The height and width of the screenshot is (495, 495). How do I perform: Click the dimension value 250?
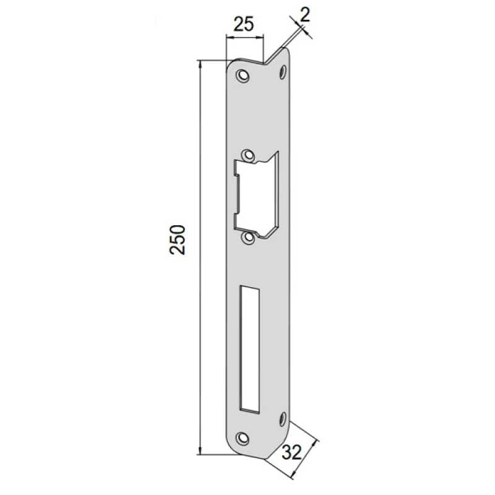click(178, 239)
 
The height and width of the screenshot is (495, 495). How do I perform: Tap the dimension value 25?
click(243, 24)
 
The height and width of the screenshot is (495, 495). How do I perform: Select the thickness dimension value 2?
click(305, 14)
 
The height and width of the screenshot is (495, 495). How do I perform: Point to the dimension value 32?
click(292, 452)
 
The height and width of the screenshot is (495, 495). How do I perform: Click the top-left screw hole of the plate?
click(243, 75)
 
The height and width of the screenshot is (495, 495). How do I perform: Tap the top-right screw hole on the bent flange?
click(283, 72)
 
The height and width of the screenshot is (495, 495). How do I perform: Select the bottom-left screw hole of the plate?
click(243, 439)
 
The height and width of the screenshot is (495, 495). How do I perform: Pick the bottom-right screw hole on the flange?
click(283, 420)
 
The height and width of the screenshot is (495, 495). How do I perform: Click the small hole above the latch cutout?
click(248, 155)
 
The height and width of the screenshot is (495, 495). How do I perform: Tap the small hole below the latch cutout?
click(249, 238)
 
